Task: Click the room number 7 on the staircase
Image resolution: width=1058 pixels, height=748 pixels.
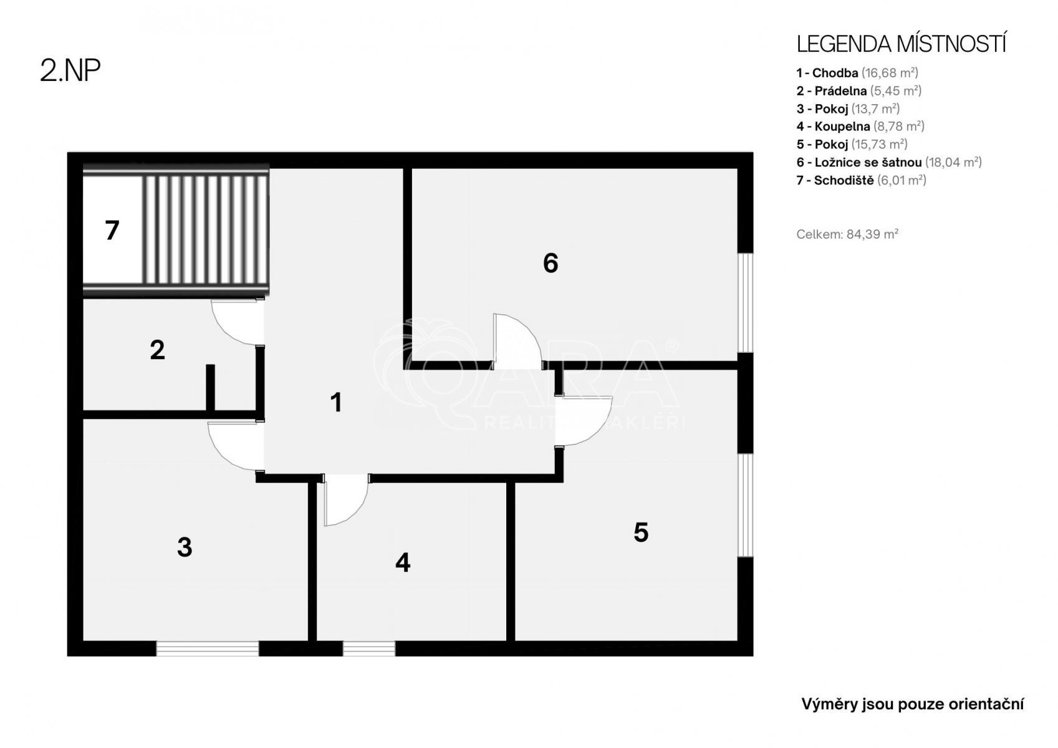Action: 112,231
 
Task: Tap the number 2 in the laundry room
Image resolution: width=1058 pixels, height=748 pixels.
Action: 157,350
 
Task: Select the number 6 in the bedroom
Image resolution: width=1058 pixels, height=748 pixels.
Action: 551,263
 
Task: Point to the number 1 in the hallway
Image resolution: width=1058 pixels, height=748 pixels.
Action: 336,403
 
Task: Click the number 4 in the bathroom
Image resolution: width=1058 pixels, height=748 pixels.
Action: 403,562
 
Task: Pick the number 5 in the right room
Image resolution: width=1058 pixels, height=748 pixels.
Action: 641,533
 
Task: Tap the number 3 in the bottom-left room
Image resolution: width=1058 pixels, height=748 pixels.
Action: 185,547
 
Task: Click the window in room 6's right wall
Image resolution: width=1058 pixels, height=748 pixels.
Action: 745,303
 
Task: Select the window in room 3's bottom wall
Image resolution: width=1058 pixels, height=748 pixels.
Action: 208,648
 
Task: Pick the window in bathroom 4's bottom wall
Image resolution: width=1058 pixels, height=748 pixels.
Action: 369,648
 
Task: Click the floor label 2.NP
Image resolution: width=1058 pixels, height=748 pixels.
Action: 70,71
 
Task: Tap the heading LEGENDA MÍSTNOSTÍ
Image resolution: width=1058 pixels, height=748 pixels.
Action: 901,44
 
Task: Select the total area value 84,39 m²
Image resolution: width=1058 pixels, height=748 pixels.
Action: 872,234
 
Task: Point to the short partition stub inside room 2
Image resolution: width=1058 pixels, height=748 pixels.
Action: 211,388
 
